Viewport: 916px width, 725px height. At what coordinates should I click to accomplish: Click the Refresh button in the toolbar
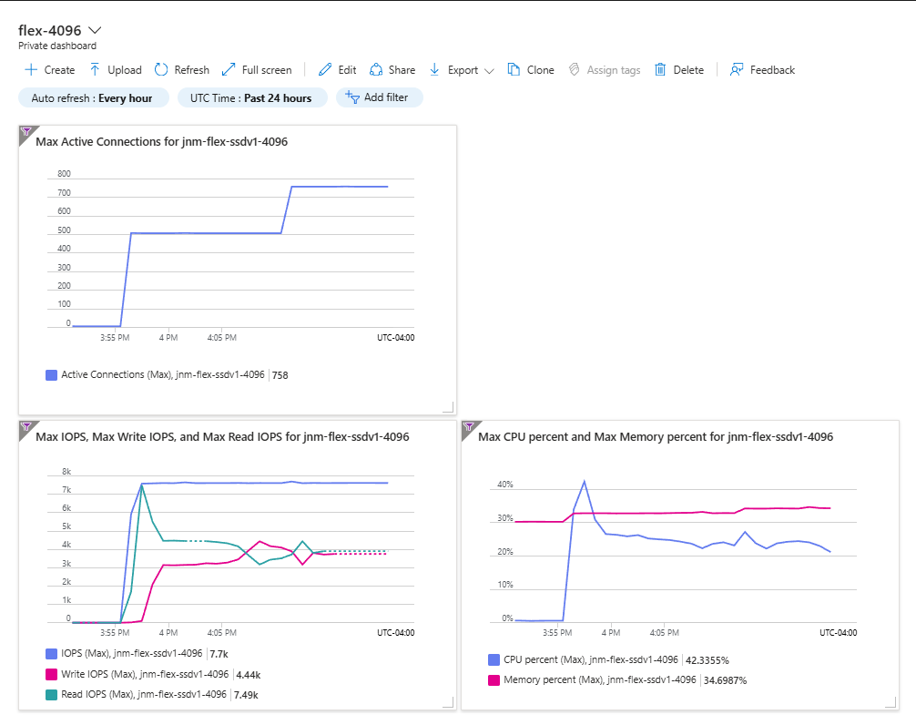(182, 70)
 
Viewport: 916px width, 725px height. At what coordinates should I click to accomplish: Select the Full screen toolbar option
(257, 70)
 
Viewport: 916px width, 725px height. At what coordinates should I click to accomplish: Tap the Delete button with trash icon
(679, 70)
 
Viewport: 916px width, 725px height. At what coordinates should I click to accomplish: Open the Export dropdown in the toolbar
(462, 70)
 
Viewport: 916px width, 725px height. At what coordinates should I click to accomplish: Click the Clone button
(531, 70)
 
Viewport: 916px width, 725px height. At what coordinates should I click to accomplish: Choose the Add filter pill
(379, 97)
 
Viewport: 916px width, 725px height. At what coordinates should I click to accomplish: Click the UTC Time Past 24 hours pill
(250, 98)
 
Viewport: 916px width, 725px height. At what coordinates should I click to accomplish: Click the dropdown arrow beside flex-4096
(94, 30)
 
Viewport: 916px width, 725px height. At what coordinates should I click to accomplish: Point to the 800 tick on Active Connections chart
(65, 174)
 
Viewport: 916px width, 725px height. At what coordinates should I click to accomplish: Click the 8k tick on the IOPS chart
(66, 472)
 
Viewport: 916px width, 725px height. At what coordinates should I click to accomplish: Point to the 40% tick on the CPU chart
(505, 485)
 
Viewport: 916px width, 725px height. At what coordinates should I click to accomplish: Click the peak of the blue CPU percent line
(585, 482)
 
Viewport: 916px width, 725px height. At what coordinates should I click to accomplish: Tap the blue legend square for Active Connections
(51, 375)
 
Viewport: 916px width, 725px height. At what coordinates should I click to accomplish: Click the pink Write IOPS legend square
(51, 675)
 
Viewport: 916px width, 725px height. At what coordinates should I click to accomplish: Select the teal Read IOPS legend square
(51, 695)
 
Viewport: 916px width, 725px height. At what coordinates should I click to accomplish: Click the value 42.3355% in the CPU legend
(707, 660)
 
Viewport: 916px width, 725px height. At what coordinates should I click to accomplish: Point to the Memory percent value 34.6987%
(725, 680)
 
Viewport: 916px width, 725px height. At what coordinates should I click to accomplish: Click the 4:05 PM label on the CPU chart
(664, 633)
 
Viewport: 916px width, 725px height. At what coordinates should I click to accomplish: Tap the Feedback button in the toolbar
(762, 70)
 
